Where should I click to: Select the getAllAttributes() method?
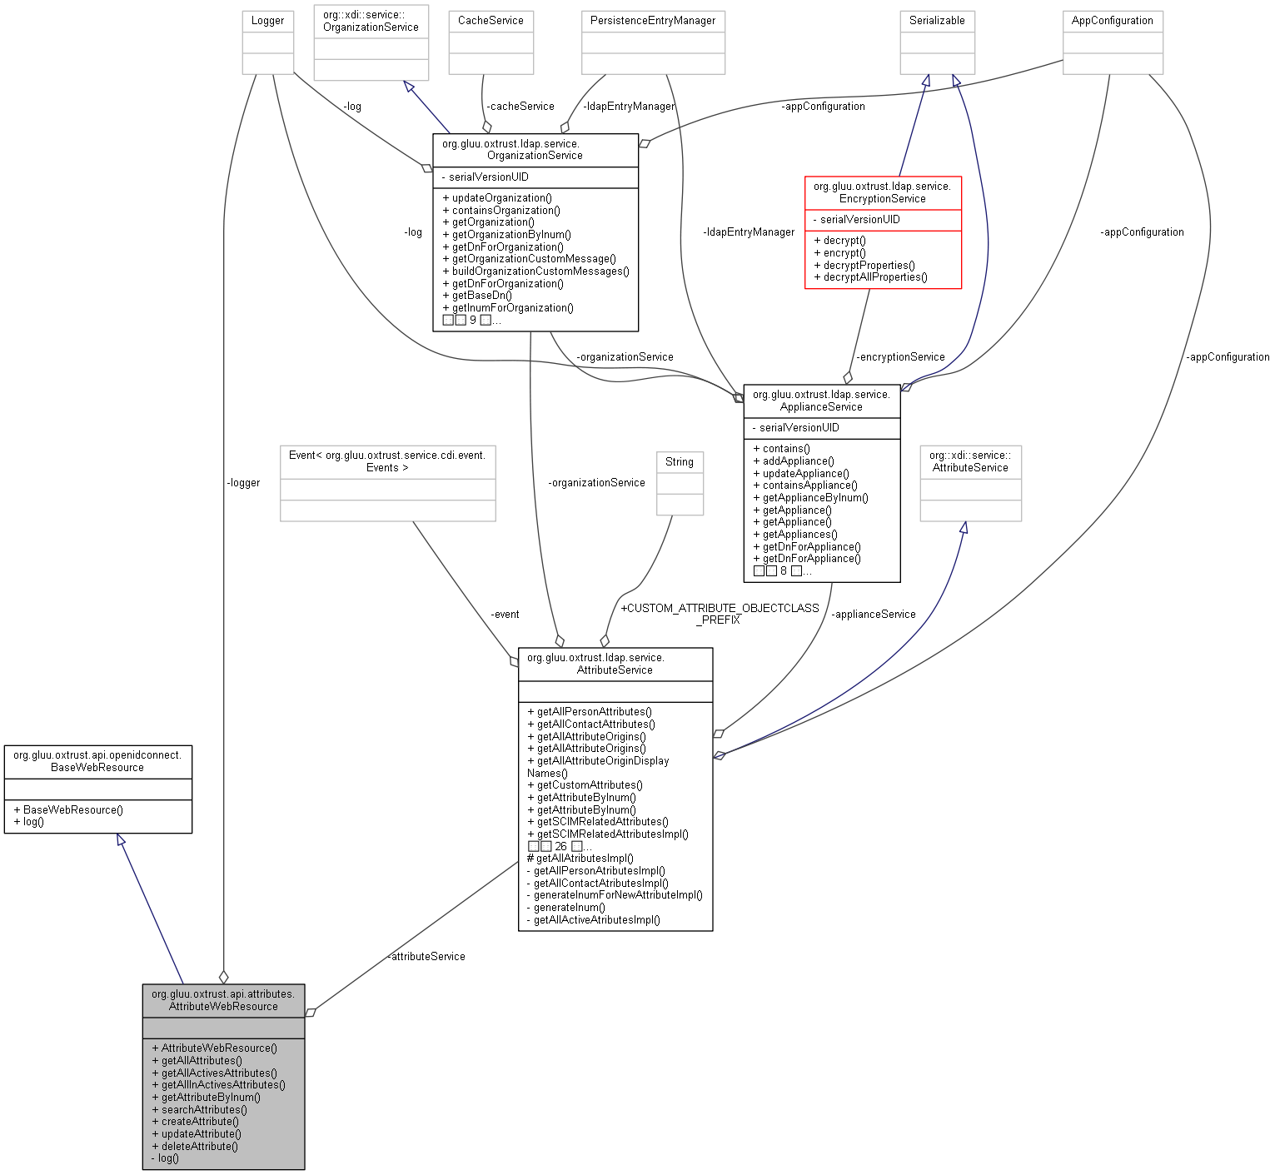tap(202, 1060)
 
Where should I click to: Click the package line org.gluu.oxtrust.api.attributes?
tap(223, 993)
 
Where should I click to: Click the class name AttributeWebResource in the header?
tap(223, 1006)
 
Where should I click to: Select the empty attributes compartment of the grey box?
tap(223, 1028)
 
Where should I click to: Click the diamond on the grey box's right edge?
tap(310, 1013)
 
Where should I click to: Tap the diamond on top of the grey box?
tap(223, 977)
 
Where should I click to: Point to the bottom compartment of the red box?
tap(883, 260)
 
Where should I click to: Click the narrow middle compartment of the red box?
tap(883, 220)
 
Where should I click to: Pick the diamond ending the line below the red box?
tap(848, 378)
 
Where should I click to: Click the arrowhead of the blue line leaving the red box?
tap(926, 81)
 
